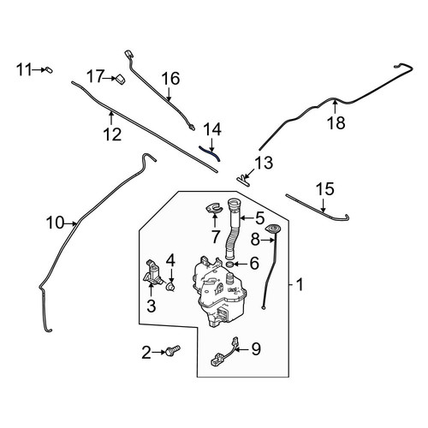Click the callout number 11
click(x=24, y=69)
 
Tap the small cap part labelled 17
click(x=121, y=80)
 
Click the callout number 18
click(x=336, y=123)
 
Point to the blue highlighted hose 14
click(x=211, y=152)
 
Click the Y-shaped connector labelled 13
click(x=243, y=181)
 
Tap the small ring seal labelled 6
click(x=229, y=265)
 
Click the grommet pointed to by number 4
click(x=170, y=287)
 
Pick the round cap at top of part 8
click(x=272, y=229)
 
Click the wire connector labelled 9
click(x=224, y=352)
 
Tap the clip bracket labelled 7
click(x=214, y=208)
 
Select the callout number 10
click(x=56, y=223)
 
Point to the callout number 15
click(x=325, y=189)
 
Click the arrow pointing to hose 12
click(x=111, y=119)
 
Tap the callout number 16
click(x=170, y=78)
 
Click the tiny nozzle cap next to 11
click(x=49, y=70)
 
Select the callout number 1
click(x=299, y=285)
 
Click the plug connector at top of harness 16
click(x=128, y=54)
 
